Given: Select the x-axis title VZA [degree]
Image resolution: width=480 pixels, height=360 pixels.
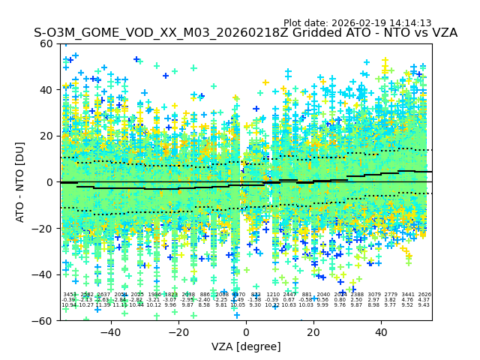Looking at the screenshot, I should tap(246, 346).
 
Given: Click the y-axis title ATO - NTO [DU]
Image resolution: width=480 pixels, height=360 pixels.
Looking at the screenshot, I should tap(21, 182).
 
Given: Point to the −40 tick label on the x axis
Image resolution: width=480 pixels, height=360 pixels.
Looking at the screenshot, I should tap(110, 331).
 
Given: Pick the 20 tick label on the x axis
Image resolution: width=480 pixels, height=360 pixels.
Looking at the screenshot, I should tap(313, 331).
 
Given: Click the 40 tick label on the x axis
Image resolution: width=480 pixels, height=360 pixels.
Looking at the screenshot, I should tap(381, 331).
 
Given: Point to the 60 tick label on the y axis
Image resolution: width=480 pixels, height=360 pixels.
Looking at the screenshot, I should tap(47, 43).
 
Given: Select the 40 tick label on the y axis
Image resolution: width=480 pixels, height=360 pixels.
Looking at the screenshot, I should tap(47, 90).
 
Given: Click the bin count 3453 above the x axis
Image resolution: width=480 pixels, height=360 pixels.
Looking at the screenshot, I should tap(69, 295).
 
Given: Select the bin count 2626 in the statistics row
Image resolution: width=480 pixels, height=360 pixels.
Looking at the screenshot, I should tap(424, 295).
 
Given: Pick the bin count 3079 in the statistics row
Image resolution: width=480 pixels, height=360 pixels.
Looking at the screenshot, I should tap(374, 295).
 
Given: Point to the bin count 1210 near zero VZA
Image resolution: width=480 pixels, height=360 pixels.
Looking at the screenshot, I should tap(273, 295).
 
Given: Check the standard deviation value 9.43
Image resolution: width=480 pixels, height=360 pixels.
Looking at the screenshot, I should tap(424, 305).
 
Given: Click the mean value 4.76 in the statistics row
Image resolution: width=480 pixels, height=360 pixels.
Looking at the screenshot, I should tap(407, 300).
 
